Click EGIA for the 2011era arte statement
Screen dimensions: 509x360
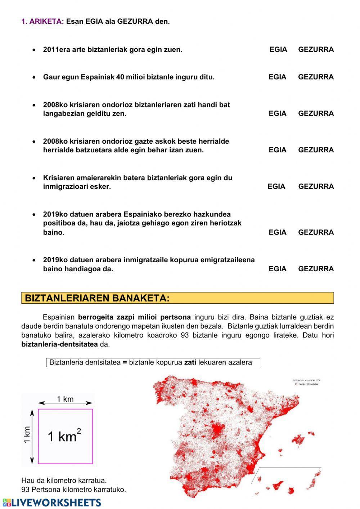coord(278,50)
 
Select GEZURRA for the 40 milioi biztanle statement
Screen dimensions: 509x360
coord(316,77)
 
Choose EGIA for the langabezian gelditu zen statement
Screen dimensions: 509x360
coord(277,113)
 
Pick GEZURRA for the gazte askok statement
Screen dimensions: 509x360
coord(316,150)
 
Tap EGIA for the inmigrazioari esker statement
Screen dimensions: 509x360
coord(276,187)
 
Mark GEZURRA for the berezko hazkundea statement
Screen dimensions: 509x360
coord(316,232)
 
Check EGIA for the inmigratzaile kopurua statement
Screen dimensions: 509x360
coord(277,269)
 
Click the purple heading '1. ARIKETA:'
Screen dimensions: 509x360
coord(42,22)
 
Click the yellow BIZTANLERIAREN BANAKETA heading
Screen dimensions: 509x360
coord(97,298)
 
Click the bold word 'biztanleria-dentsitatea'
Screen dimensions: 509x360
coord(59,344)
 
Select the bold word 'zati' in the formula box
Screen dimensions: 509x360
coord(190,362)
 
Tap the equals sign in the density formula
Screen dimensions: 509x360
coord(125,362)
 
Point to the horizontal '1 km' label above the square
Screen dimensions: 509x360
coord(65,399)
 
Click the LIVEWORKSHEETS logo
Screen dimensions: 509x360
coord(52,503)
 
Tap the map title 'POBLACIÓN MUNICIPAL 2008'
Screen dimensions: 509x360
coord(306,380)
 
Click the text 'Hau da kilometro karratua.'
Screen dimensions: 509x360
coord(64,481)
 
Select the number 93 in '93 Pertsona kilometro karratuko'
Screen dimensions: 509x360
coord(25,490)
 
